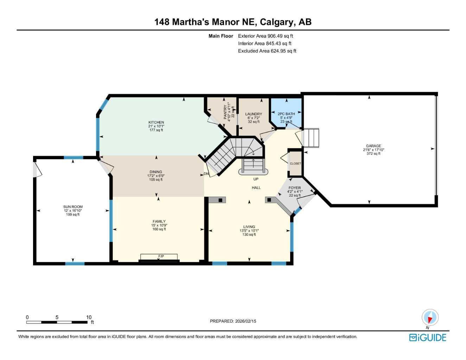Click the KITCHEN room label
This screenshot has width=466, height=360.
pyautogui.click(x=156, y=122)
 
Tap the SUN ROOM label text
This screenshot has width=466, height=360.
pyautogui.click(x=73, y=207)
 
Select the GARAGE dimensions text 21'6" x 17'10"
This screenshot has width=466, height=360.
pyautogui.click(x=374, y=150)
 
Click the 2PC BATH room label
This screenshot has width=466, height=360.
pyautogui.click(x=286, y=114)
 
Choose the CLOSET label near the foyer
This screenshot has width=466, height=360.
pyautogui.click(x=295, y=163)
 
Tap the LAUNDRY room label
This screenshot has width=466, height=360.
pyautogui.click(x=254, y=114)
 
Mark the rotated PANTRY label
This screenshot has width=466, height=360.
pyautogui.click(x=225, y=112)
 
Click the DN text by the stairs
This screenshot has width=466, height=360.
pyautogui.click(x=206, y=174)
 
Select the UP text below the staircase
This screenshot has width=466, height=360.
pyautogui.click(x=256, y=179)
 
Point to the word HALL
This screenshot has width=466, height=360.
pyautogui.click(x=256, y=188)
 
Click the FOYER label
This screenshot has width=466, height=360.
pyautogui.click(x=295, y=188)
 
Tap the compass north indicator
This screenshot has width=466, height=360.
pyautogui.click(x=430, y=318)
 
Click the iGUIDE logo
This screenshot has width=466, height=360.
pyautogui.click(x=428, y=337)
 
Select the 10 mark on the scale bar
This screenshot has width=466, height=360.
pyautogui.click(x=89, y=317)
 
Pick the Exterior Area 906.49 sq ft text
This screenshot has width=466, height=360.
pyautogui.click(x=266, y=36)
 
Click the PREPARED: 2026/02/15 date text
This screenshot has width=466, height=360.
pyautogui.click(x=233, y=321)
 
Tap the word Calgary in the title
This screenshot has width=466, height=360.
pyautogui.click(x=278, y=22)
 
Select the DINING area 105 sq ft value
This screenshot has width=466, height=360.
pyautogui.click(x=156, y=180)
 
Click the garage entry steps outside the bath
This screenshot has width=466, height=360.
pyautogui.click(x=311, y=138)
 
